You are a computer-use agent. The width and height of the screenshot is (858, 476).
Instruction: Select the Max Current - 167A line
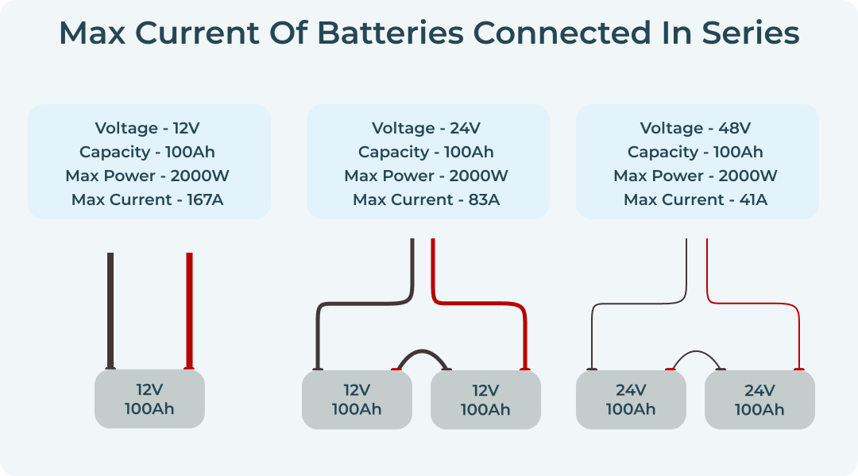pyautogui.click(x=148, y=199)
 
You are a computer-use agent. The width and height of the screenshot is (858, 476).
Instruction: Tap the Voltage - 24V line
pyautogui.click(x=427, y=128)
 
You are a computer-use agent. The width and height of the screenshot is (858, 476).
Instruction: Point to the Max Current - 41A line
pyautogui.click(x=696, y=199)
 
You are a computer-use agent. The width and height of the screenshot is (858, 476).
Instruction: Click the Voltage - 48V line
pyautogui.click(x=696, y=128)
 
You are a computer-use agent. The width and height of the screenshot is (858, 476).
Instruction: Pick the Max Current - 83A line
pyautogui.click(x=427, y=199)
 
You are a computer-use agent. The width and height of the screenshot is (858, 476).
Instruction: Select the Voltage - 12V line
pyautogui.click(x=148, y=128)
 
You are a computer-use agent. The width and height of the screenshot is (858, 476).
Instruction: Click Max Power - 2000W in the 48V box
pyautogui.click(x=696, y=176)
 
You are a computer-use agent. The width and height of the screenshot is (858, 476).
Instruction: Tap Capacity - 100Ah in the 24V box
pyautogui.click(x=427, y=152)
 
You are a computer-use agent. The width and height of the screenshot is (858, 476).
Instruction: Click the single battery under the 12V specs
pyautogui.click(x=149, y=400)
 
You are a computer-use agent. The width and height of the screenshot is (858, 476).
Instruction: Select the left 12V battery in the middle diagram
pyautogui.click(x=357, y=400)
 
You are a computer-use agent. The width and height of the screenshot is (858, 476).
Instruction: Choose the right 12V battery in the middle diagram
pyautogui.click(x=485, y=400)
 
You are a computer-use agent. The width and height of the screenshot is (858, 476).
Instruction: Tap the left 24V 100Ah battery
pyautogui.click(x=631, y=400)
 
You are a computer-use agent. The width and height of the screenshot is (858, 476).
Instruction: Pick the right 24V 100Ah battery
pyautogui.click(x=759, y=400)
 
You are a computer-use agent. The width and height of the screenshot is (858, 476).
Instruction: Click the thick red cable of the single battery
pyautogui.click(x=189, y=310)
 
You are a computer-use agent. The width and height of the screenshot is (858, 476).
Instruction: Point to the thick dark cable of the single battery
pyautogui.click(x=110, y=310)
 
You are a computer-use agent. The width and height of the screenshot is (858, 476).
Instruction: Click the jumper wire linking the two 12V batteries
pyautogui.click(x=421, y=351)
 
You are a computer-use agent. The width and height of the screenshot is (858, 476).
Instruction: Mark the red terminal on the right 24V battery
pyautogui.click(x=798, y=370)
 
